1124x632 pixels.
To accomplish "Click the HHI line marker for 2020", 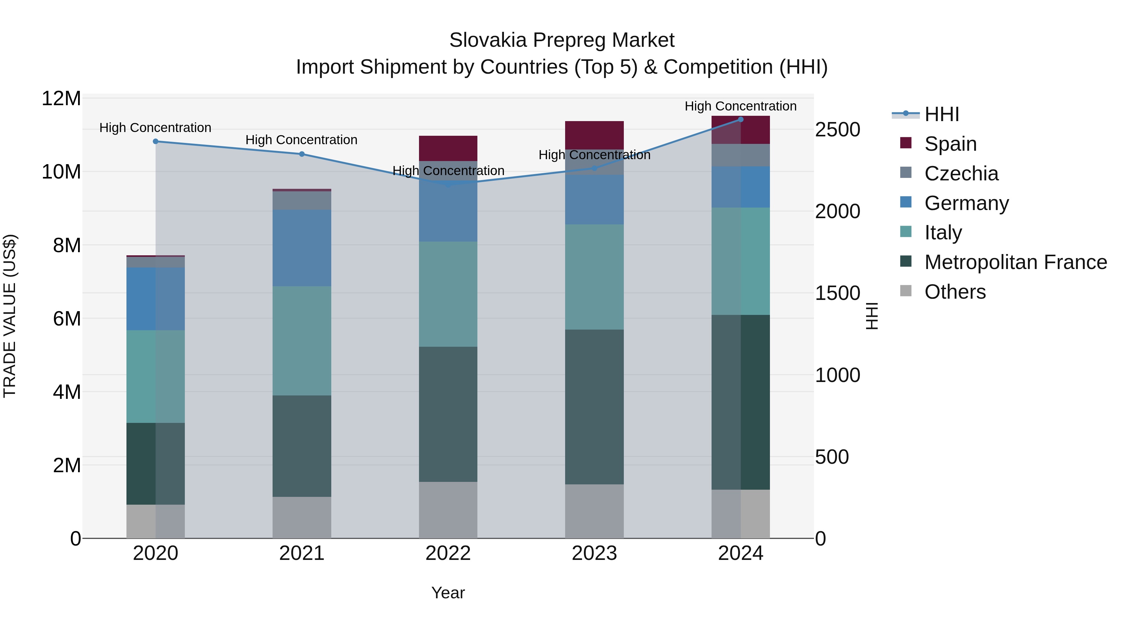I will [155, 141].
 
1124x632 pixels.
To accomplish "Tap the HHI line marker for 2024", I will [741, 119].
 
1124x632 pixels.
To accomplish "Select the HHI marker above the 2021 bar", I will [302, 154].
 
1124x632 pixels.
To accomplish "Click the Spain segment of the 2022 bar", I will [448, 148].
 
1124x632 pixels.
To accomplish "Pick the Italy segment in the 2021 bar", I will [302, 340].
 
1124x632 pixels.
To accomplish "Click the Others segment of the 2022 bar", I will [448, 510].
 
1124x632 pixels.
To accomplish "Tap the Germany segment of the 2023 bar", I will [594, 200].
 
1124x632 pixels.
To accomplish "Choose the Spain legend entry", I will [950, 144].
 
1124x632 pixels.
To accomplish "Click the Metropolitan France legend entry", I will [1015, 262].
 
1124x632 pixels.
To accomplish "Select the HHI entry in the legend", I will [942, 114].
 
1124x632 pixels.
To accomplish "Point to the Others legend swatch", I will [906, 291].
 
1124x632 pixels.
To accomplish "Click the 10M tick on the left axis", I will [61, 172].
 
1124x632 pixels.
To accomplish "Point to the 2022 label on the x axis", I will [448, 553].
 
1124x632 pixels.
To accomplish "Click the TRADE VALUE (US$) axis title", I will [10, 316].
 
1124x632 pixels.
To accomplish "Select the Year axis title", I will [448, 593].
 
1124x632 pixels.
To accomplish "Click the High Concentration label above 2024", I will [741, 106].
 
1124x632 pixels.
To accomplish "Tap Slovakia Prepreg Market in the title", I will [562, 40].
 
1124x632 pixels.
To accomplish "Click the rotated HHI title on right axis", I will [871, 316].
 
